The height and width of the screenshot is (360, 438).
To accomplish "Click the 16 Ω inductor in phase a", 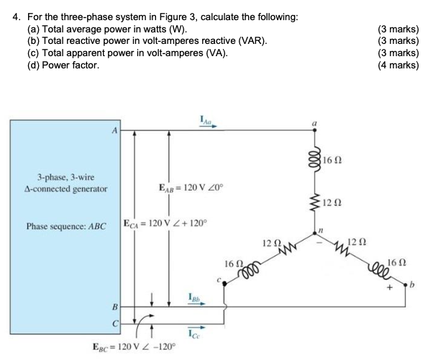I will coord(312,157).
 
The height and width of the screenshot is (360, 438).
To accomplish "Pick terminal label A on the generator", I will coord(112,130).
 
